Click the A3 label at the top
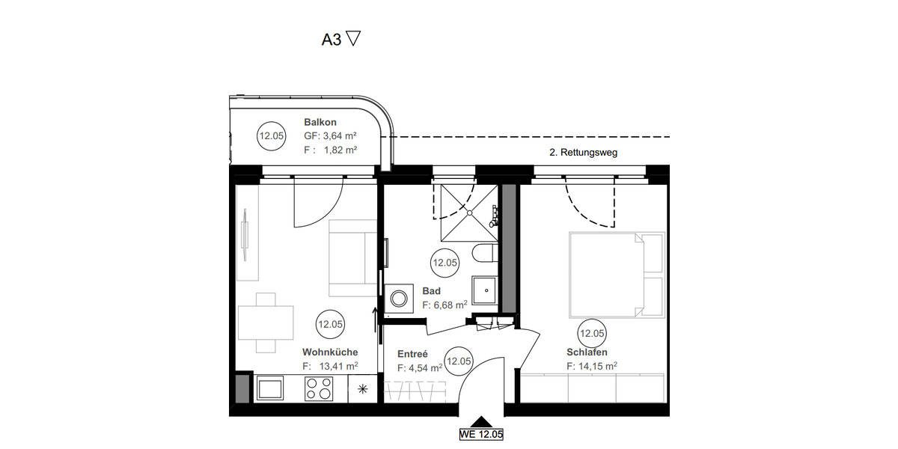[x=332, y=40]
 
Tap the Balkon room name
[x=320, y=122]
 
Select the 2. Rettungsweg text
[x=584, y=153]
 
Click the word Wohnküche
[x=330, y=352]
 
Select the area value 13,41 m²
[x=337, y=366]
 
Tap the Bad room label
[x=431, y=291]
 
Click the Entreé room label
[x=412, y=354]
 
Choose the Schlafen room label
[x=587, y=352]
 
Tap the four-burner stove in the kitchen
[x=320, y=388]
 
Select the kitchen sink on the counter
[x=270, y=388]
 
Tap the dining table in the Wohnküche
[x=266, y=323]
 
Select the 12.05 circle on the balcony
[x=271, y=137]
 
